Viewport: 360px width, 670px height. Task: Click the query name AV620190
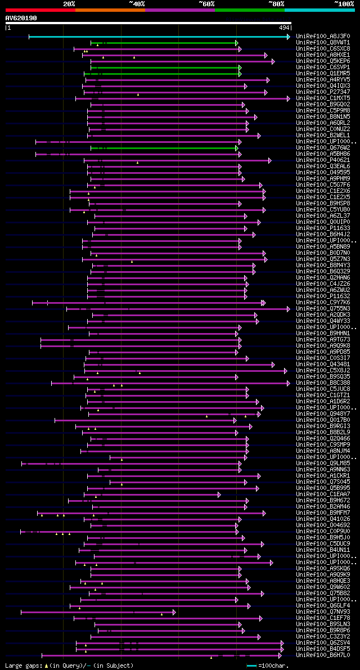[x=21, y=18]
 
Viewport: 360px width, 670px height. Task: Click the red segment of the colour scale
[x=40, y=10]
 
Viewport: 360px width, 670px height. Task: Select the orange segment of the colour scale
[x=110, y=10]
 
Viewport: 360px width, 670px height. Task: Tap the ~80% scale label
[x=276, y=4]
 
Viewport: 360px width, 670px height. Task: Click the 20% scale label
[x=69, y=4]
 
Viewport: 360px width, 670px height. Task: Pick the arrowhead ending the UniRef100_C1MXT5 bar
[x=289, y=98]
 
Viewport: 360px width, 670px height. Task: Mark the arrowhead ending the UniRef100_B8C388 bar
[x=289, y=383]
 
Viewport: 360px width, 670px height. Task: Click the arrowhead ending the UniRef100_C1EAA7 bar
[x=219, y=494]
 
